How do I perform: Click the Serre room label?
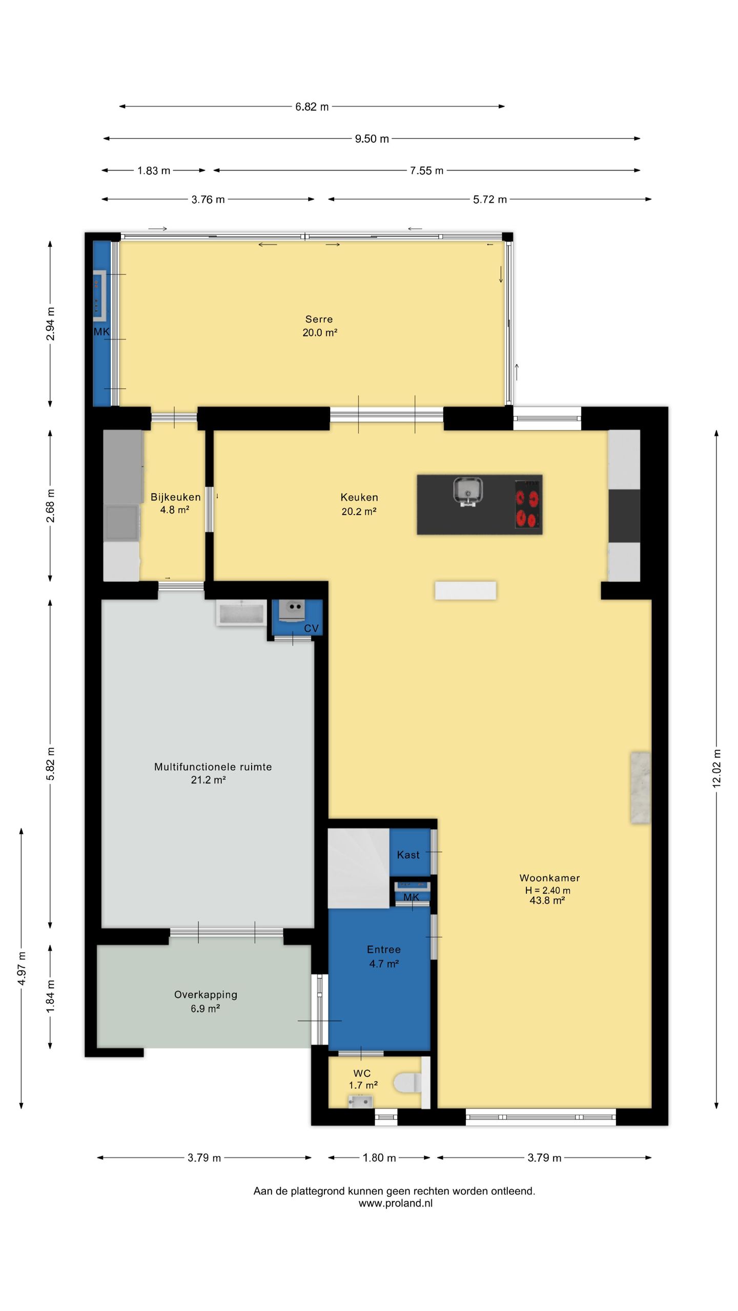[x=319, y=319]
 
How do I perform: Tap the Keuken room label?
[x=359, y=497]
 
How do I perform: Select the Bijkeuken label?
[x=175, y=497]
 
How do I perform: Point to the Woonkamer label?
[x=549, y=878]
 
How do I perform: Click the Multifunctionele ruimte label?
[x=213, y=767]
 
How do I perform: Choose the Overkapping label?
[x=206, y=995]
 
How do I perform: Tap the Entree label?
[x=384, y=949]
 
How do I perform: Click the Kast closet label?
[x=408, y=855]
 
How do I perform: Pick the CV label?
[x=311, y=628]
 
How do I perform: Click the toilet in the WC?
[x=408, y=1083]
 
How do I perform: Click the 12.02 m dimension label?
[x=716, y=768]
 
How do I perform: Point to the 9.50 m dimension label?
[x=372, y=139]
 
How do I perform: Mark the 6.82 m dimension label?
[x=312, y=107]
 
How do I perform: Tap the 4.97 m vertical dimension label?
[x=22, y=968]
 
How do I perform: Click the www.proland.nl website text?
[x=395, y=1203]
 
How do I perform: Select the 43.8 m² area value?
[x=547, y=900]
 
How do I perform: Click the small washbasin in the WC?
[x=360, y=1101]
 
